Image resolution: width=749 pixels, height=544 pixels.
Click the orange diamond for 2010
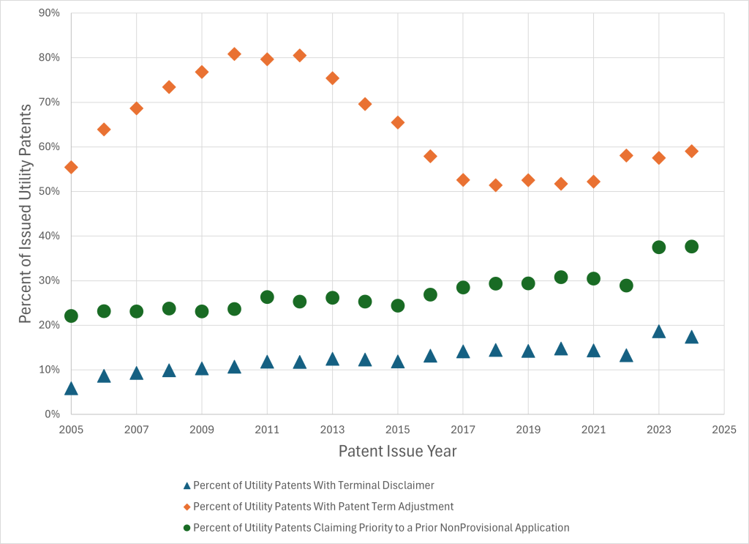coord(234,54)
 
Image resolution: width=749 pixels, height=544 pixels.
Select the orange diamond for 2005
coord(71,167)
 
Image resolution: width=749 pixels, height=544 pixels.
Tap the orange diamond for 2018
coord(496,185)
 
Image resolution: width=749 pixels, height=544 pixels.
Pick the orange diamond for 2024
coord(691,152)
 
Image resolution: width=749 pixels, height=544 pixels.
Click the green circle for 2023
coord(658,247)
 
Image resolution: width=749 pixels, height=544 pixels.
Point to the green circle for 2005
coord(71,316)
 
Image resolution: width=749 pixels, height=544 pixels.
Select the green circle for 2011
coord(267,297)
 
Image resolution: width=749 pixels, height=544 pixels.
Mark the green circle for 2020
coord(561,277)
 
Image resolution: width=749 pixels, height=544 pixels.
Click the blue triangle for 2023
coord(658,332)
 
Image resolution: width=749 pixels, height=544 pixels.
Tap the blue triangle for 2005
coord(71,389)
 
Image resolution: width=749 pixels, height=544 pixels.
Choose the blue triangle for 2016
coord(430,357)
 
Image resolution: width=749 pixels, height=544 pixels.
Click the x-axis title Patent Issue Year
coord(397,451)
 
